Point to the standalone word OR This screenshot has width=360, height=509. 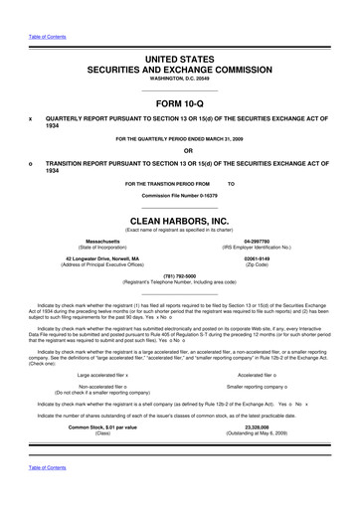pyautogui.click(x=179, y=152)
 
